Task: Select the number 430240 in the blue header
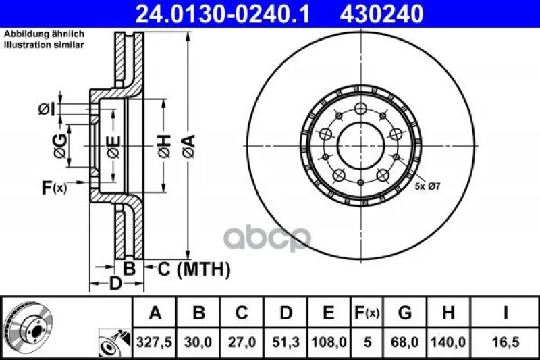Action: (381, 14)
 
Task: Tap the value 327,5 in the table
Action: (155, 342)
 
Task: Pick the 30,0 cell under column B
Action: (198, 342)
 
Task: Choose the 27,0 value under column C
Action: (242, 342)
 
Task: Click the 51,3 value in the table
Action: (286, 342)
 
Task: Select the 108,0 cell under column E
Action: (329, 342)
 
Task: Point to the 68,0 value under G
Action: (404, 342)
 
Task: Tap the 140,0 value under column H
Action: (448, 342)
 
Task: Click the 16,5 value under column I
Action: (505, 342)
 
